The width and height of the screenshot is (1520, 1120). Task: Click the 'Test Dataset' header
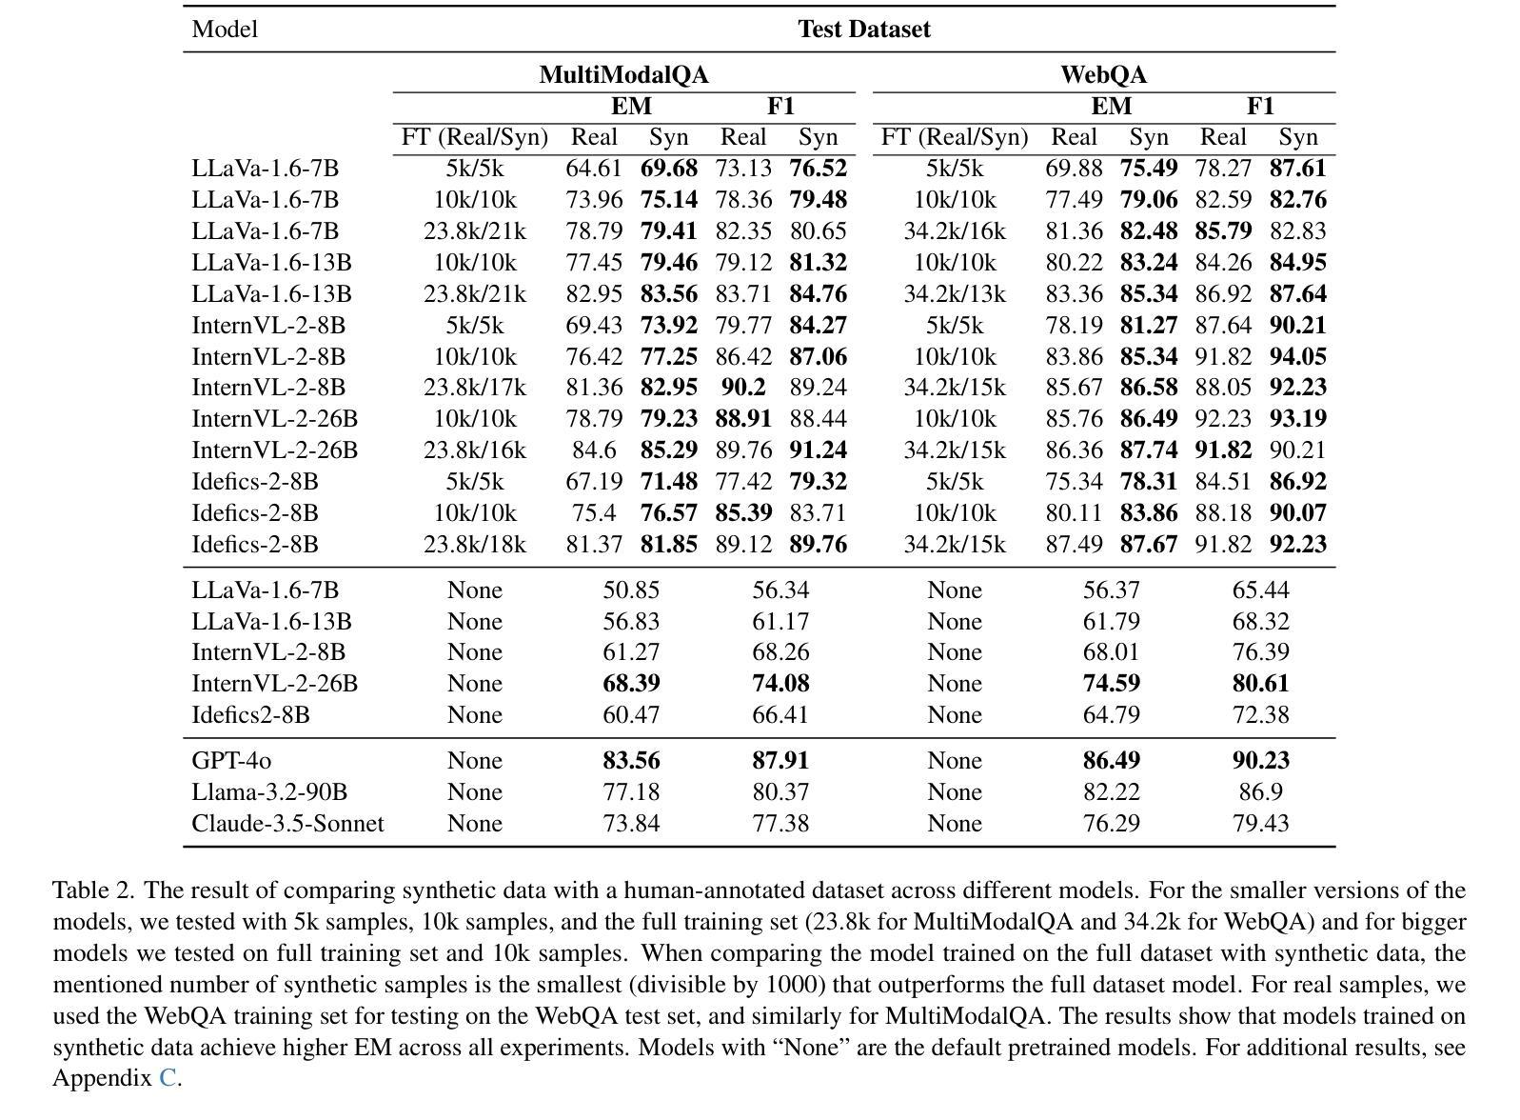coord(863,30)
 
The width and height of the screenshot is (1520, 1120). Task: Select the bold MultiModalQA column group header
coord(623,74)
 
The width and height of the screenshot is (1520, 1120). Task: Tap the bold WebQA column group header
coord(1103,74)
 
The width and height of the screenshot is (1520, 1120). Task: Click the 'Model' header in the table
coord(225,30)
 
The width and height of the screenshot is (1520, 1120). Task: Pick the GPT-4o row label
coord(231,761)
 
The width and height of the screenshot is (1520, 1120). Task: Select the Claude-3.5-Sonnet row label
coord(287,824)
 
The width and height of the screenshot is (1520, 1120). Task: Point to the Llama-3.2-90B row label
coord(269,792)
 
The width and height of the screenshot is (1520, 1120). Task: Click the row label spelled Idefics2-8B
coord(250,715)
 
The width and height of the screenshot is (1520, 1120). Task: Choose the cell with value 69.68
coord(668,169)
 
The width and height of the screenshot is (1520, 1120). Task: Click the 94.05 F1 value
coord(1297,356)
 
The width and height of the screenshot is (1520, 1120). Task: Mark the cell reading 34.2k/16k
coord(954,231)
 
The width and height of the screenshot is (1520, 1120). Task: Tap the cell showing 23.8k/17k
coord(474,388)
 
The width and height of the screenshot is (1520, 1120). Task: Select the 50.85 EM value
coord(631,590)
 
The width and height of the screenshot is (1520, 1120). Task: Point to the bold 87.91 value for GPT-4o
coord(780,761)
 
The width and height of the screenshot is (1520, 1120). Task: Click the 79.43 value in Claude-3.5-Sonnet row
coord(1260,824)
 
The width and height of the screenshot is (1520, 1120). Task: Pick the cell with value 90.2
coord(742,388)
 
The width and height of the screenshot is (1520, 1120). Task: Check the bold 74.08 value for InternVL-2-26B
coord(780,684)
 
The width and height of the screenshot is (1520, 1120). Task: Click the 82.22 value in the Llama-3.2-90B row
coord(1111,792)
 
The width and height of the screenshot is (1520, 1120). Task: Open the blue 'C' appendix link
coord(168,1078)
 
